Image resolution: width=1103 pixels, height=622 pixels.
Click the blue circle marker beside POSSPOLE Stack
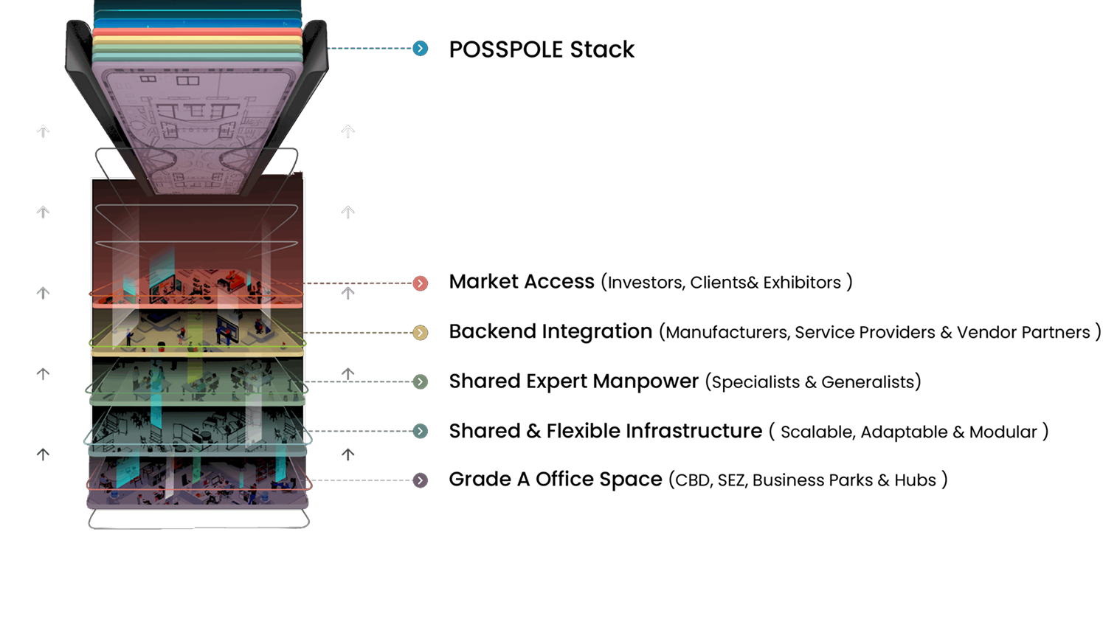pyautogui.click(x=420, y=48)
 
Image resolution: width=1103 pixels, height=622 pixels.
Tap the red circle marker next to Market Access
pyautogui.click(x=420, y=283)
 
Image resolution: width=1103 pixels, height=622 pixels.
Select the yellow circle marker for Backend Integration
pyautogui.click(x=420, y=333)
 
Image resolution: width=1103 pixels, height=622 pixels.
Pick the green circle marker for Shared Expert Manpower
pyautogui.click(x=420, y=381)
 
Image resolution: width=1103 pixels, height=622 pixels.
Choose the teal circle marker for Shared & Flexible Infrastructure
pyautogui.click(x=420, y=431)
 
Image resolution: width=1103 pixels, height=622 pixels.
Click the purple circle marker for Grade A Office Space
pyautogui.click(x=420, y=480)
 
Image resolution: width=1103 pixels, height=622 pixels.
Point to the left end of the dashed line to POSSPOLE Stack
pyautogui.click(x=327, y=48)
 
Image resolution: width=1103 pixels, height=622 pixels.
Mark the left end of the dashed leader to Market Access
pyautogui.click(x=301, y=283)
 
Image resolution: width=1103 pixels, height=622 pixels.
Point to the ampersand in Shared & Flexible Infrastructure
pyautogui.click(x=533, y=431)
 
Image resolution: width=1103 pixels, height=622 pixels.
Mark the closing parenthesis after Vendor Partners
pyautogui.click(x=1098, y=332)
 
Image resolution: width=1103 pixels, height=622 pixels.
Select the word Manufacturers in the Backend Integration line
pyautogui.click(x=727, y=333)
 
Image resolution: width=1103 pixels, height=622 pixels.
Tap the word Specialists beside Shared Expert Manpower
pyautogui.click(x=755, y=382)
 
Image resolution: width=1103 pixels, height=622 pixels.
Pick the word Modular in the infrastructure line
pyautogui.click(x=1003, y=432)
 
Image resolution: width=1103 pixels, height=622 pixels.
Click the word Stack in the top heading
pyautogui.click(x=602, y=49)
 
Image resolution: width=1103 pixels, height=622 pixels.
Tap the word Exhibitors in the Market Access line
pyautogui.click(x=802, y=283)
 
